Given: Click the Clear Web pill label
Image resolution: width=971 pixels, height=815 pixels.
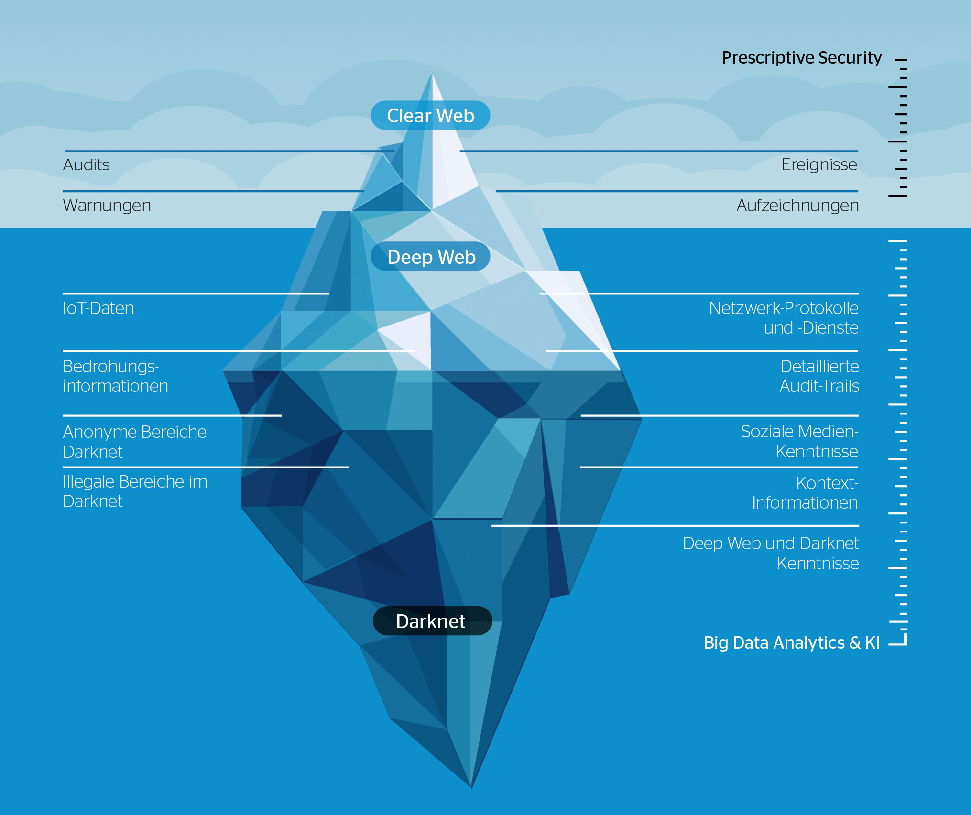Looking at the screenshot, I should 430,116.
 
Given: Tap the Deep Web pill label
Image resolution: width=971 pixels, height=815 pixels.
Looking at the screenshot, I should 431,257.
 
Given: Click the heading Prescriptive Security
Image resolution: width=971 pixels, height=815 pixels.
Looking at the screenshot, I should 801,58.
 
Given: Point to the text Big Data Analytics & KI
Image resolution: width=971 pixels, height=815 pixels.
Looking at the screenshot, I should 791,642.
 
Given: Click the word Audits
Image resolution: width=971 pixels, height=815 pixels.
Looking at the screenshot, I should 87,165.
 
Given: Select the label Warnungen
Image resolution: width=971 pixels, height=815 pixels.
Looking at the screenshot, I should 107,206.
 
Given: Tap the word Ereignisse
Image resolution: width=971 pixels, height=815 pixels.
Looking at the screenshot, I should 819,165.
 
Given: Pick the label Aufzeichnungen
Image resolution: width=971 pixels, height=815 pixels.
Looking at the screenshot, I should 797,206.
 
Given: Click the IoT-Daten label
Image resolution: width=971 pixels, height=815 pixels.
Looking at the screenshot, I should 98,308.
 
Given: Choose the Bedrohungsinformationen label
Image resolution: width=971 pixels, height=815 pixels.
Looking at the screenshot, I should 115,376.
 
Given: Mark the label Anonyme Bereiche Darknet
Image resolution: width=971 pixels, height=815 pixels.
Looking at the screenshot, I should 134,442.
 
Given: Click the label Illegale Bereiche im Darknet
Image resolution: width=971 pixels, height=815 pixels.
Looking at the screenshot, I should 135,491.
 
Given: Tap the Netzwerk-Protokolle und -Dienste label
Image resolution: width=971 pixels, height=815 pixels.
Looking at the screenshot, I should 784,318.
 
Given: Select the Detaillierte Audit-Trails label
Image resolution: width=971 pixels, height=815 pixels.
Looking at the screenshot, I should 819,376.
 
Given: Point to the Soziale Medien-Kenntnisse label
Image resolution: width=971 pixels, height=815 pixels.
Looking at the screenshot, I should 799,441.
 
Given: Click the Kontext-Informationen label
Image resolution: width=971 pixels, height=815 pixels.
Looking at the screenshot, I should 805,493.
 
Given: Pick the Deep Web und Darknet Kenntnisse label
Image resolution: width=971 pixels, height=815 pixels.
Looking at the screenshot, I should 771,553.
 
